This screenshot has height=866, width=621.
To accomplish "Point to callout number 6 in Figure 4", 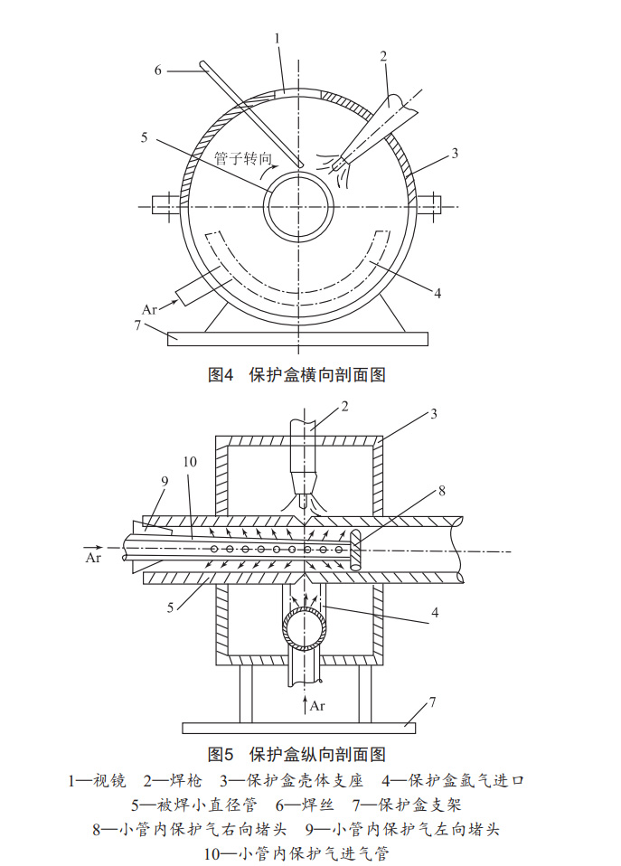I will pos(158,70).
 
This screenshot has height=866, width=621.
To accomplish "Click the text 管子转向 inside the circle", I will pos(243,157).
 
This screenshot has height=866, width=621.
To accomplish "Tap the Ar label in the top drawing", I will pos(150,307).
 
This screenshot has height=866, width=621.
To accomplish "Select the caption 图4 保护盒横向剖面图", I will pos(296,374).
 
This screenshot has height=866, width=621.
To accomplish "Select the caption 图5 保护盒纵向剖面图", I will pos(296,753).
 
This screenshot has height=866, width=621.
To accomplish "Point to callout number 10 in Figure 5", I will pos(189,462).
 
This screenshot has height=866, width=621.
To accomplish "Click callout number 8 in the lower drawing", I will pos(441,491).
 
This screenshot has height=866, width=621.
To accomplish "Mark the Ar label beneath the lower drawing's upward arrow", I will pos(316,706).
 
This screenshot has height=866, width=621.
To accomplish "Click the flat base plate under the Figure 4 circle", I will pos(297,338).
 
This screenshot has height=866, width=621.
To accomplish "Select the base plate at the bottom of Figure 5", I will pos(299,727).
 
